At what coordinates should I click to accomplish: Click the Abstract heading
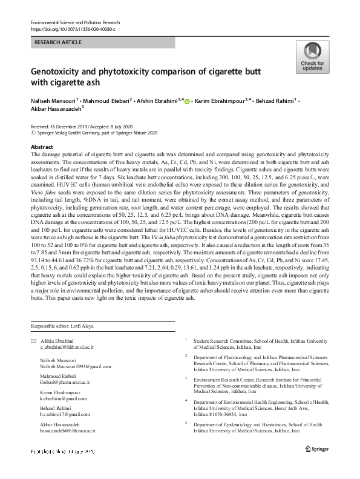tap(41, 147)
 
